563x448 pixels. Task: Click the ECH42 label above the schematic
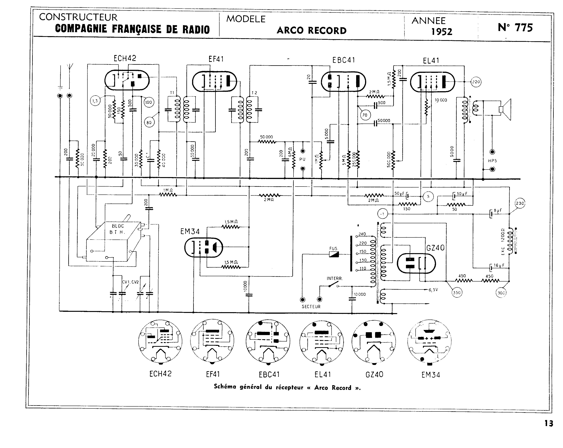(x=125, y=58)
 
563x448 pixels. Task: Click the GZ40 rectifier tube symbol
(x=416, y=263)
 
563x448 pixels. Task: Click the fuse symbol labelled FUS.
(x=334, y=254)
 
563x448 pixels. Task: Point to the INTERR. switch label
(x=335, y=278)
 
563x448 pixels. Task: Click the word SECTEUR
(x=311, y=306)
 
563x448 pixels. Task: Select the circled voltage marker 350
(x=456, y=293)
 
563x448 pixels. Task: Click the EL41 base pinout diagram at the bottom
(x=322, y=342)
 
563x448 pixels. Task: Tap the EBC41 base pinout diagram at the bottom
(x=268, y=342)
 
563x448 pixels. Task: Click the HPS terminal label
(x=492, y=161)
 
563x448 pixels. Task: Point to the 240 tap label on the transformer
(x=362, y=234)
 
